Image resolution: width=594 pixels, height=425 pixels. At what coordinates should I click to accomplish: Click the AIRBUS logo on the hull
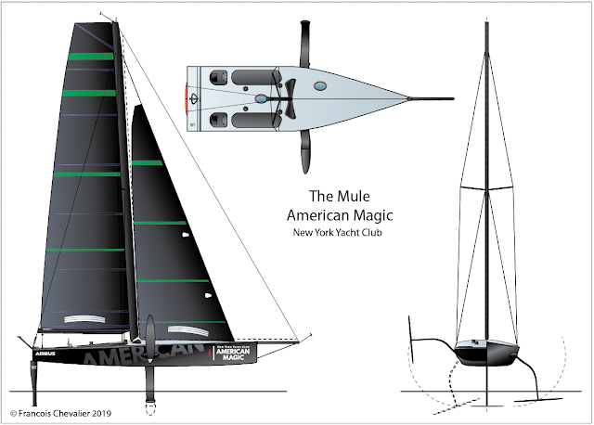point(45,354)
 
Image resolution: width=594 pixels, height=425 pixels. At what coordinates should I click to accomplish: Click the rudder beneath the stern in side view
point(35,380)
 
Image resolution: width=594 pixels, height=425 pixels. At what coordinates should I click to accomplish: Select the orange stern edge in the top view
point(188,97)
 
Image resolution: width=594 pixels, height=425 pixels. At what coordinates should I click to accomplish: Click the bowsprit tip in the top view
point(452,97)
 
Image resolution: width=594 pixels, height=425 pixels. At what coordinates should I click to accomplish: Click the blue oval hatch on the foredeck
point(319,86)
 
